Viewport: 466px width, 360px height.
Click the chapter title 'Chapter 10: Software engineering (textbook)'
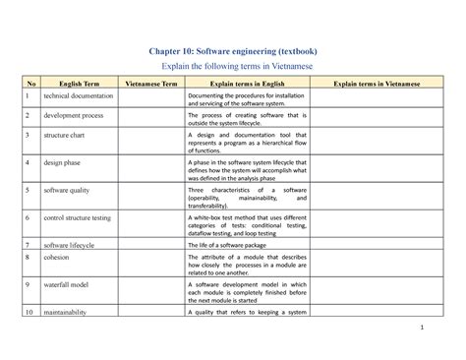(232, 50)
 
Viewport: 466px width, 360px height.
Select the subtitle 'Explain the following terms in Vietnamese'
(232, 67)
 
